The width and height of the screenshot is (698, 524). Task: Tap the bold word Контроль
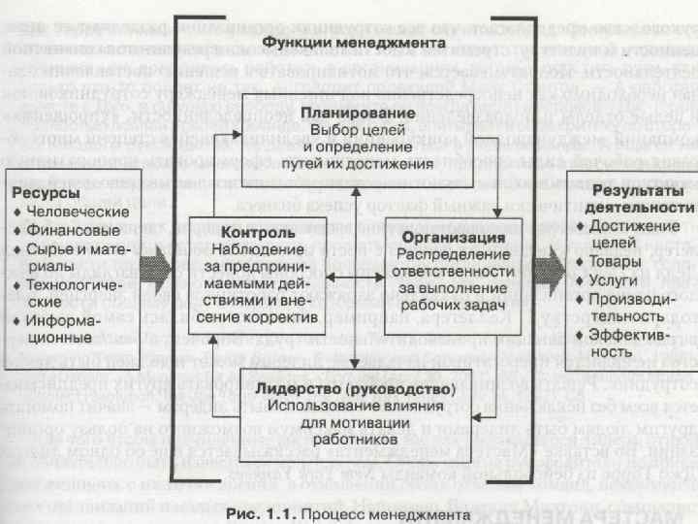click(x=258, y=234)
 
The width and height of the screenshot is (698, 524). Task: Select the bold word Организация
click(x=455, y=237)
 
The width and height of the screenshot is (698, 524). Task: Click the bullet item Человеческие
click(x=79, y=212)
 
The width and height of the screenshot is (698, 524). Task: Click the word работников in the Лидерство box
click(x=353, y=439)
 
